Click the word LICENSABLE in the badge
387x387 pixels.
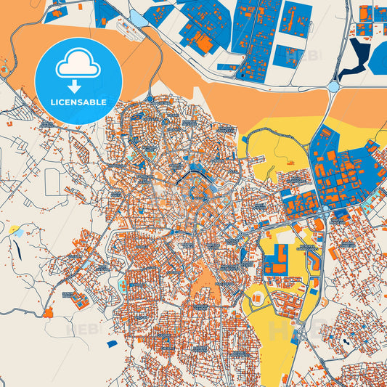[78, 102]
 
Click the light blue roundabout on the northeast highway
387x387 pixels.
[333, 86]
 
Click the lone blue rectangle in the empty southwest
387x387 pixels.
[111, 343]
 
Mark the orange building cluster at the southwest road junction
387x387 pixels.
[49, 314]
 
